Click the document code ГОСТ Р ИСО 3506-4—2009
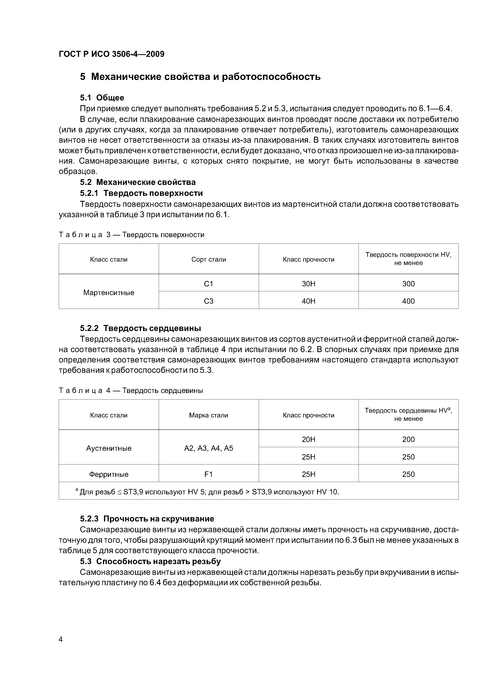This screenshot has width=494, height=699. [x=111, y=54]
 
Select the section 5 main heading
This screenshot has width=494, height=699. [x=200, y=77]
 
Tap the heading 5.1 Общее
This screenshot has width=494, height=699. [x=102, y=98]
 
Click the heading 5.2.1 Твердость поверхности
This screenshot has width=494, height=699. [x=141, y=193]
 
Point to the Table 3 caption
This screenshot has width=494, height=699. [x=131, y=235]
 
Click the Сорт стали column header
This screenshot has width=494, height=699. [x=209, y=259]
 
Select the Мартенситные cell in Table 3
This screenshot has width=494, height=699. [x=109, y=293]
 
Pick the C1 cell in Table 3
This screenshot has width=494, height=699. [x=209, y=284]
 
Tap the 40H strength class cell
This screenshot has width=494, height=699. [x=308, y=301]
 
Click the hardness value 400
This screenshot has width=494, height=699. [x=408, y=301]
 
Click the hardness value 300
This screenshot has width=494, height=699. [x=408, y=284]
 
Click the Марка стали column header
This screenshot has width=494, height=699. [x=209, y=415]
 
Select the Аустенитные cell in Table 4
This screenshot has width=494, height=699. [x=109, y=448]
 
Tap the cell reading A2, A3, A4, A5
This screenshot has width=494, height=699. [x=209, y=448]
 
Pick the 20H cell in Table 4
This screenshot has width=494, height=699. [x=308, y=439]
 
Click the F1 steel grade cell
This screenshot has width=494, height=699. [x=209, y=474]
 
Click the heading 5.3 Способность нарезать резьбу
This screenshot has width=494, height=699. [x=150, y=561]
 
